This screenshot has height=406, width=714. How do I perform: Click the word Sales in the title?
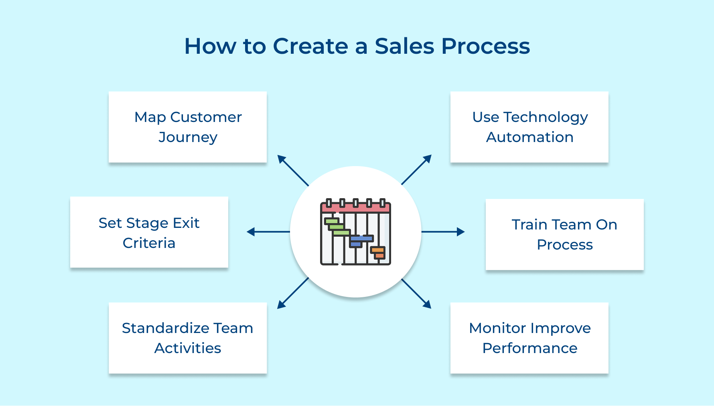coord(404,46)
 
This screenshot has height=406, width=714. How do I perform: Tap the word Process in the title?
coord(485,46)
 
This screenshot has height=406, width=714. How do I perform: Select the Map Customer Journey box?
coord(188,127)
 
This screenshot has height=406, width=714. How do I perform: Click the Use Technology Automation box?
coord(529,127)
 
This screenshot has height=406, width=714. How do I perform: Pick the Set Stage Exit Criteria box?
coord(149,232)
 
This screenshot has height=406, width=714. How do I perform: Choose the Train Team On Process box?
coord(564,234)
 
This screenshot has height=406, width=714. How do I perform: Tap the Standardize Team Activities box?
coord(188,338)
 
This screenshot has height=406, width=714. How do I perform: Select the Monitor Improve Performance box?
coord(529,338)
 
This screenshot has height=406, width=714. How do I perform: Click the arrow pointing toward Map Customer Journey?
coord(293,171)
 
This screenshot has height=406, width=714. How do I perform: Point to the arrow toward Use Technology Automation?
coord(416,170)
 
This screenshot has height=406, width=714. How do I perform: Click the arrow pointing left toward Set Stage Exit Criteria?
coord(268,231)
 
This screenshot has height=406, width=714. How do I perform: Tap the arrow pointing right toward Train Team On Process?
coord(443,231)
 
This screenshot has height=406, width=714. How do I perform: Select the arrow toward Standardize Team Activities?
coord(293,293)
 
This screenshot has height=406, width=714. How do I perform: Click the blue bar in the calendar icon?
coord(362,238)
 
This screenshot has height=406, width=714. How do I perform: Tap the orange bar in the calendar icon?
coord(377,250)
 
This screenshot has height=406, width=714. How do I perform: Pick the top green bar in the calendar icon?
coord(331,221)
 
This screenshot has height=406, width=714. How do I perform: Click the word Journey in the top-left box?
coord(188,137)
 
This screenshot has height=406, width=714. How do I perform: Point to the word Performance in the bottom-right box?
coord(529,348)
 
